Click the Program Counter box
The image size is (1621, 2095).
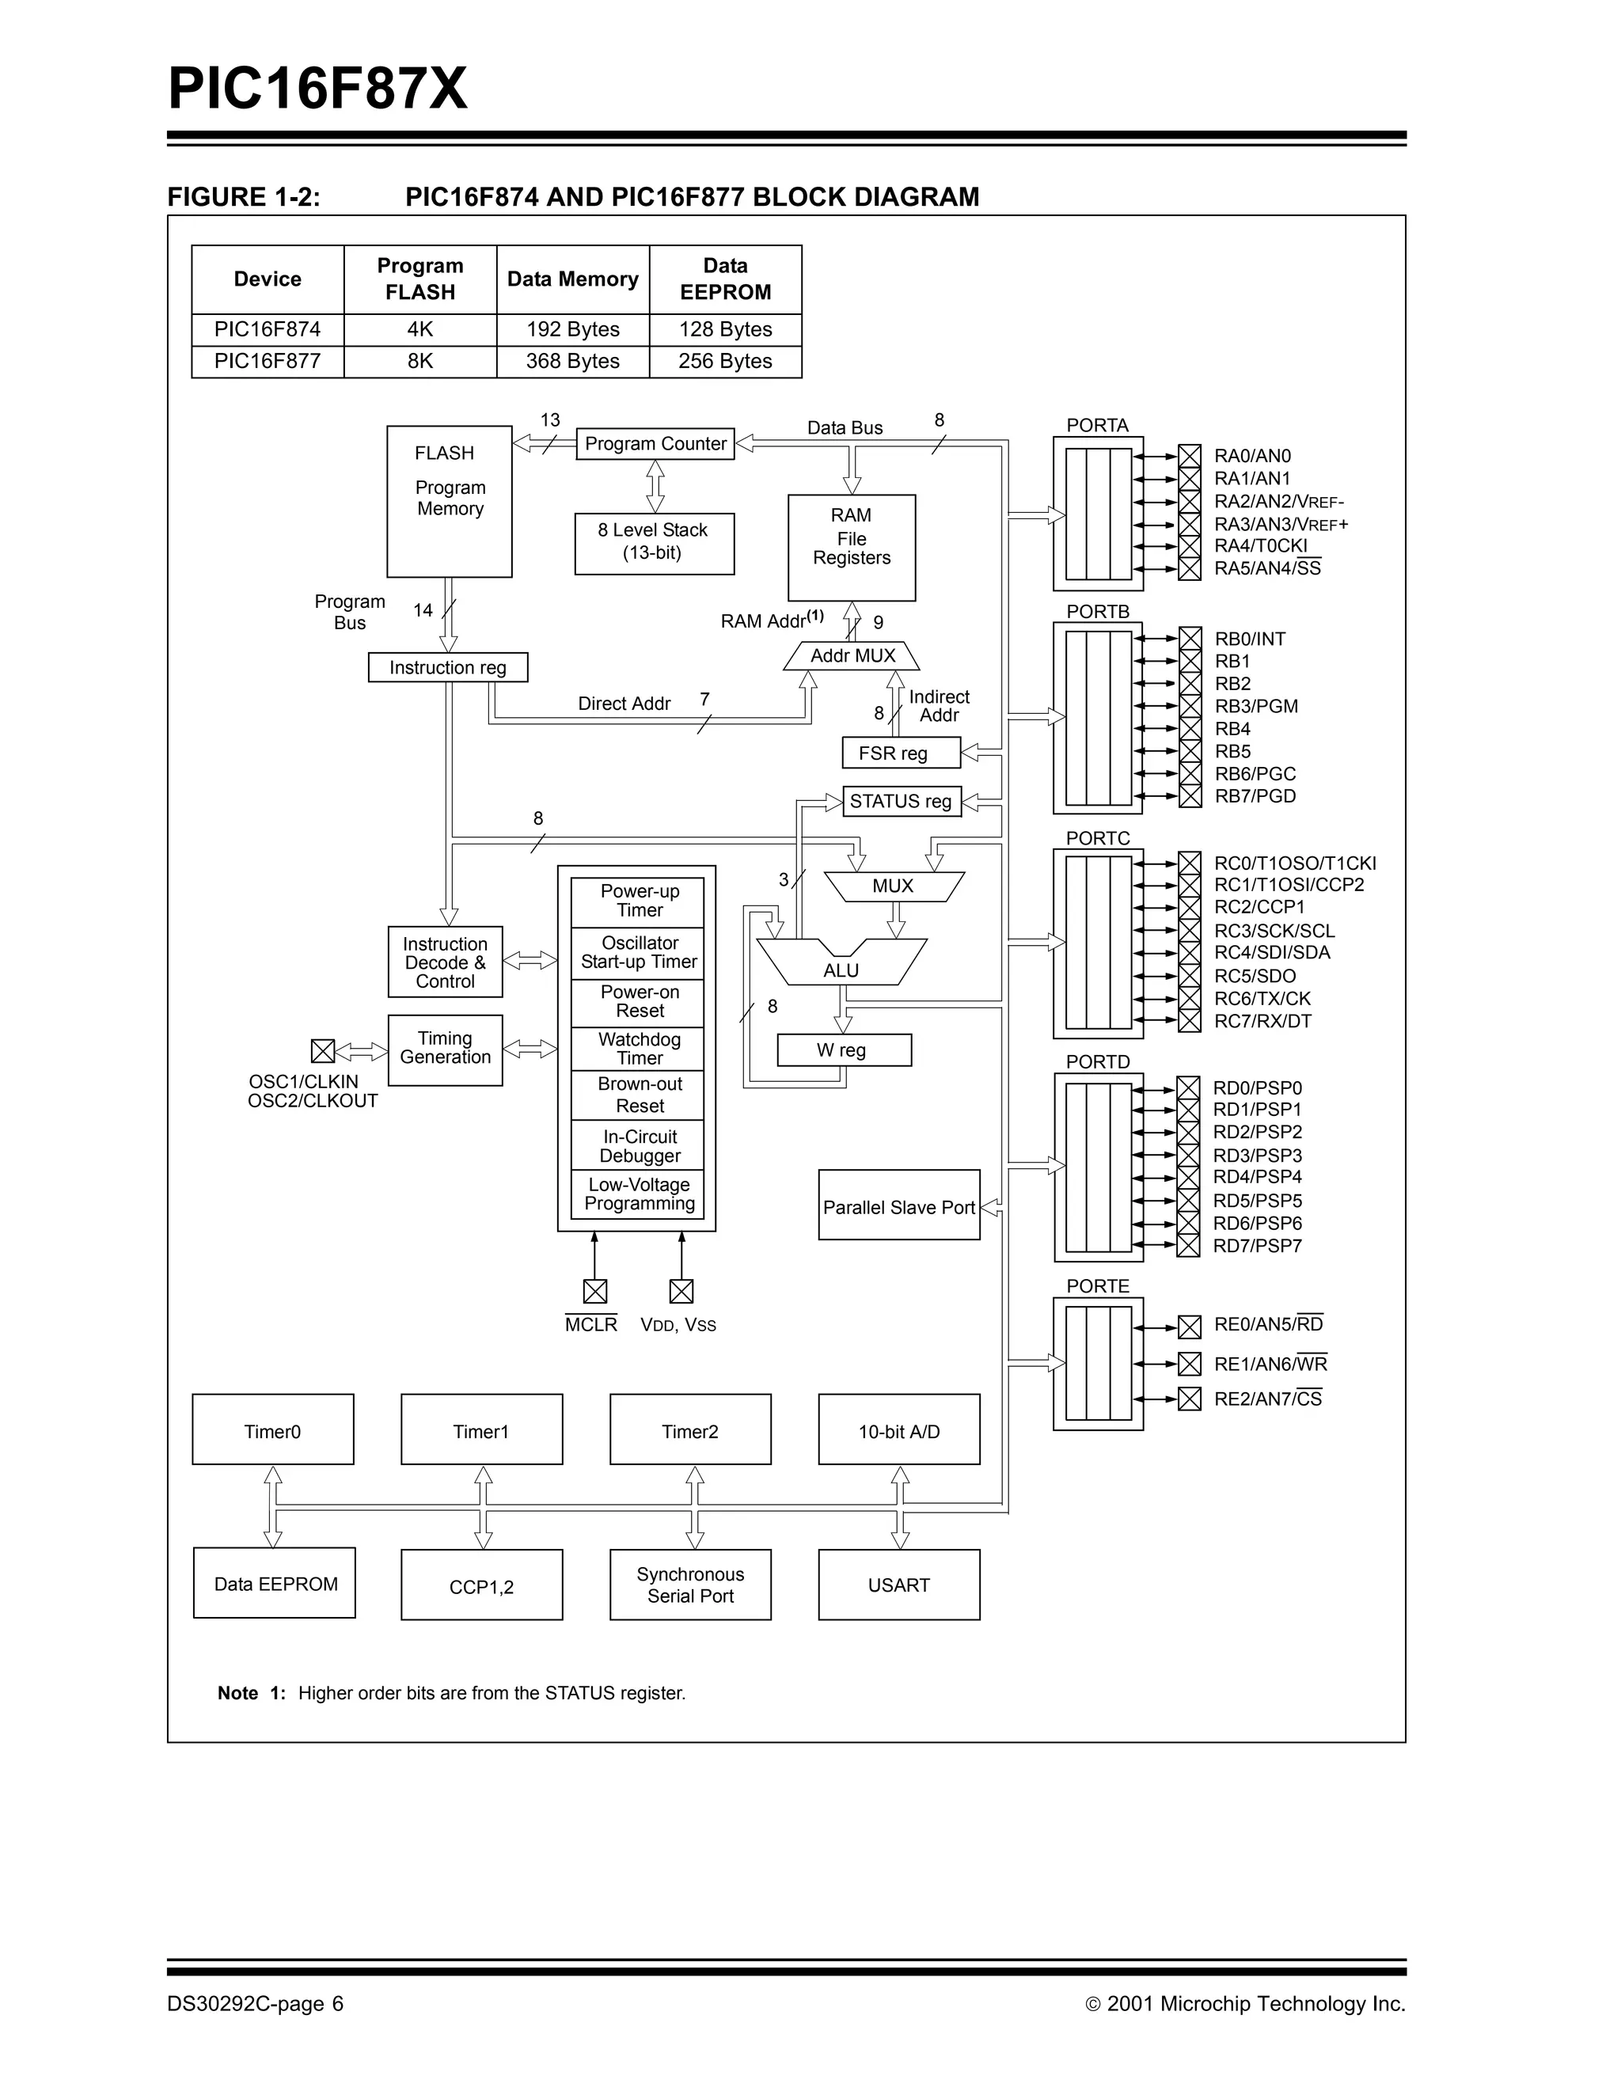click(x=655, y=443)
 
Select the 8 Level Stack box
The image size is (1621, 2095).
click(x=654, y=543)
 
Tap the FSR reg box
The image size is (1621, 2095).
click(x=901, y=753)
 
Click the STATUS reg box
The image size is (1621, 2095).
click(x=901, y=801)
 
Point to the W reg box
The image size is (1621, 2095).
click(x=843, y=1050)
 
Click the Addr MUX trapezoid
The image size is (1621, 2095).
click(x=852, y=656)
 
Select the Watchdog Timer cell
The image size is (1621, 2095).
click(x=639, y=1049)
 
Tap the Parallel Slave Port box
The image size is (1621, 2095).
click(x=898, y=1205)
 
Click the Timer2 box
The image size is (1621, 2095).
click(x=689, y=1431)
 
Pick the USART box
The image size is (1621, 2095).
click(x=898, y=1585)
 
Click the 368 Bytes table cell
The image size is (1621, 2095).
click(x=572, y=362)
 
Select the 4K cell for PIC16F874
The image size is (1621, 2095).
click(x=420, y=329)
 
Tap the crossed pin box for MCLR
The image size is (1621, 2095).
click(x=594, y=1291)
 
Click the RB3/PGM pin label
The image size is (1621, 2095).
click(x=1255, y=706)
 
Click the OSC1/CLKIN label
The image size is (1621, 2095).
click(x=303, y=1082)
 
